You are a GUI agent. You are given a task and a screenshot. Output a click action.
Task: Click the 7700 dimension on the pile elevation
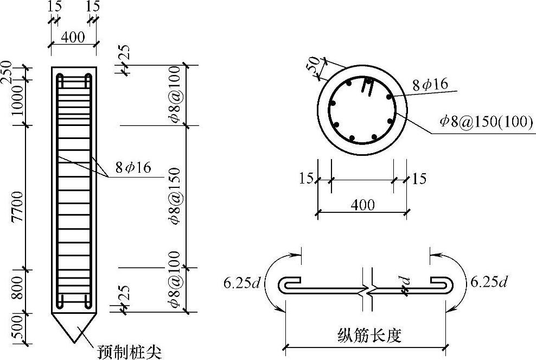(x=17, y=206)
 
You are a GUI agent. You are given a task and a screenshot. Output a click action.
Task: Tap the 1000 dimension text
(x=17, y=100)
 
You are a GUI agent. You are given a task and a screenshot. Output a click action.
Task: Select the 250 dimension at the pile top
(x=7, y=72)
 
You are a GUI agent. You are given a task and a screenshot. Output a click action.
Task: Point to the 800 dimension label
(x=17, y=288)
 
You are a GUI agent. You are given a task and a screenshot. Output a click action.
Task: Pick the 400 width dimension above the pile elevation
(x=73, y=36)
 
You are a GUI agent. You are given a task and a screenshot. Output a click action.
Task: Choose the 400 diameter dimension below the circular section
(x=363, y=205)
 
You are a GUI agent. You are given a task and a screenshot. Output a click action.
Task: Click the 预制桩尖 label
(x=129, y=352)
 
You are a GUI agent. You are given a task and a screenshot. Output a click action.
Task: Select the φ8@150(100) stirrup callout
(x=487, y=121)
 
